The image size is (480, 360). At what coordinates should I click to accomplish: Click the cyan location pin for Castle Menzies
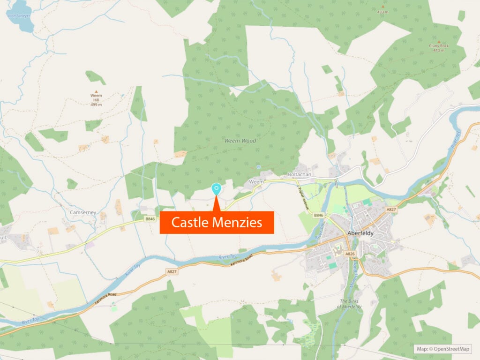[216, 188]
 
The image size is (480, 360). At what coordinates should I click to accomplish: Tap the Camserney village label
[83, 212]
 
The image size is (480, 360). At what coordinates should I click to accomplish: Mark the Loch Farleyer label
[18, 15]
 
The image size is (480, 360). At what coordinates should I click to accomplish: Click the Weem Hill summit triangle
[96, 92]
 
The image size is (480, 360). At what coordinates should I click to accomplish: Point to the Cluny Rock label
[439, 46]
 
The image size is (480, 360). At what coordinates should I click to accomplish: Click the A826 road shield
[350, 254]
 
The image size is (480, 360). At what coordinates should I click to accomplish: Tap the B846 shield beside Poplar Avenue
[318, 215]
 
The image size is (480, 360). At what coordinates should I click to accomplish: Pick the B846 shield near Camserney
[150, 218]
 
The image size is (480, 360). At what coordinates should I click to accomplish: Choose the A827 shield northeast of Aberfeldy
[391, 209]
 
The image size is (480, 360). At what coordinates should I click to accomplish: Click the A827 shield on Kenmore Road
[172, 271]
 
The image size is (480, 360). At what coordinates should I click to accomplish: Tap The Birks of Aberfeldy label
[349, 304]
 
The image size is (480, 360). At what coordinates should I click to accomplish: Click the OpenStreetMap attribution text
[443, 349]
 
